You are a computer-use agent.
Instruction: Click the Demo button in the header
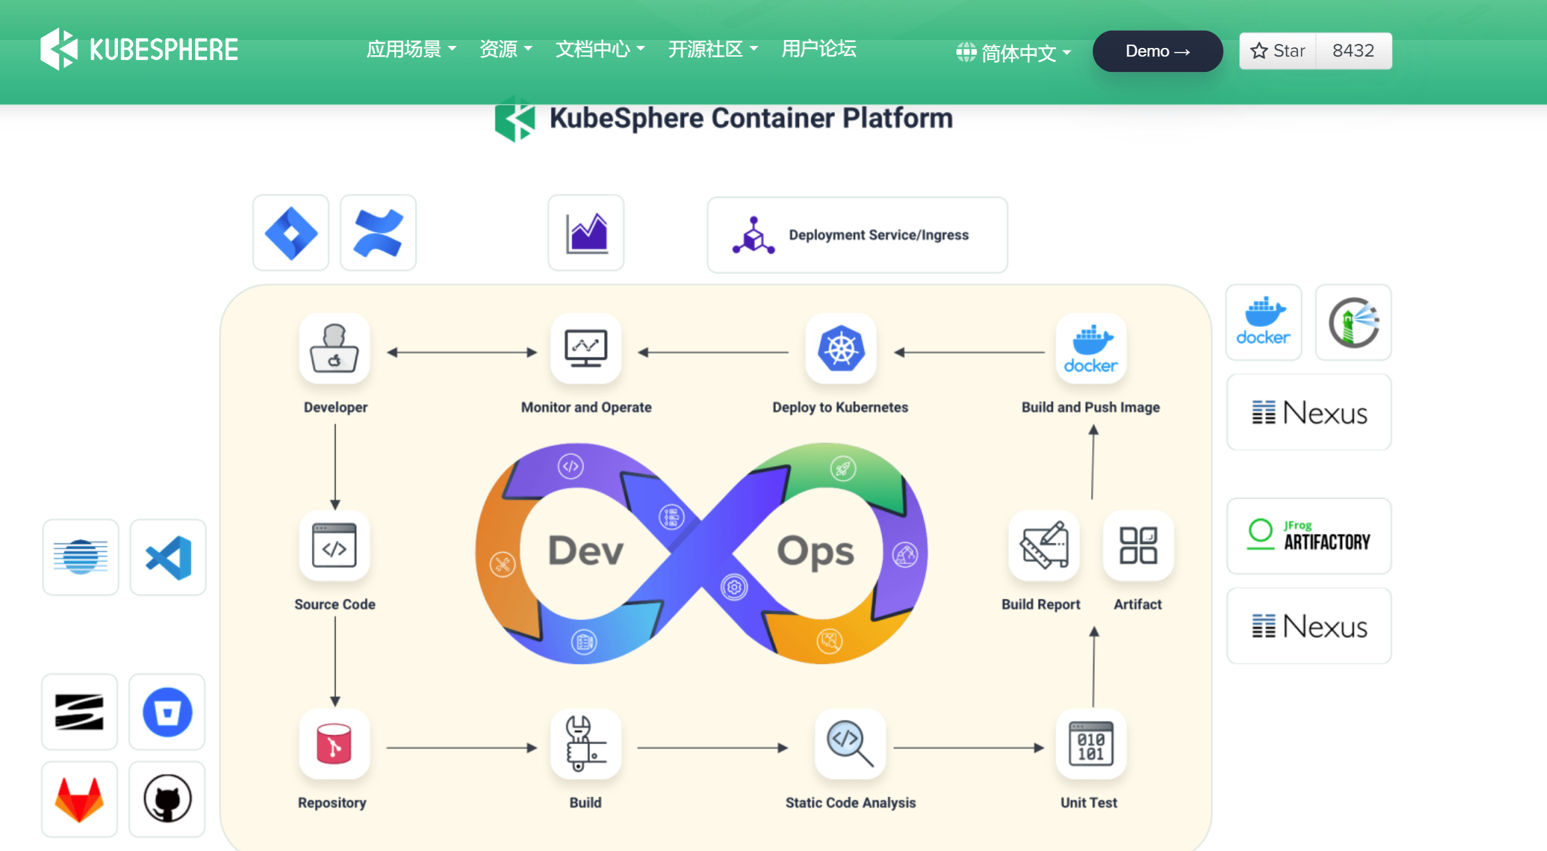pos(1157,51)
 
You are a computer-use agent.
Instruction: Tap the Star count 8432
pos(1353,51)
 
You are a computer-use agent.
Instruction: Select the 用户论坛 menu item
pos(818,49)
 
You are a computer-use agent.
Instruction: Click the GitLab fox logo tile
pos(79,799)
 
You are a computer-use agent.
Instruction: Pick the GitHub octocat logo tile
pos(167,799)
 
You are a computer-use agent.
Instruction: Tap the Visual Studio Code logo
pos(168,557)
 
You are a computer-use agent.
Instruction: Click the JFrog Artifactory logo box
pos(1309,536)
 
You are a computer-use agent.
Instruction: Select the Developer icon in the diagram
pos(334,348)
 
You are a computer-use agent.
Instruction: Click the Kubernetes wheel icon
pos(841,348)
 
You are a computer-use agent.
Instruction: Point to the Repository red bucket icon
pos(334,744)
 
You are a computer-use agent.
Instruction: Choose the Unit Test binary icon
pos(1091,744)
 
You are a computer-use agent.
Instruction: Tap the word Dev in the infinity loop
pos(585,551)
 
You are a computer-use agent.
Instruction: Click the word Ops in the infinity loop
pos(815,551)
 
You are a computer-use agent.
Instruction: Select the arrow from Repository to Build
pos(462,748)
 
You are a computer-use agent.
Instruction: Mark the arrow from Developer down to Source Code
pos(335,467)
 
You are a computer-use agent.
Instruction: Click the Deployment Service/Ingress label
pos(878,235)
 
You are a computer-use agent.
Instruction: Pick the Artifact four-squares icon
pos(1138,546)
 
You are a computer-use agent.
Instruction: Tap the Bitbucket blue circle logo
pos(167,712)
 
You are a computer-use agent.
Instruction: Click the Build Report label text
pos(1040,605)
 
